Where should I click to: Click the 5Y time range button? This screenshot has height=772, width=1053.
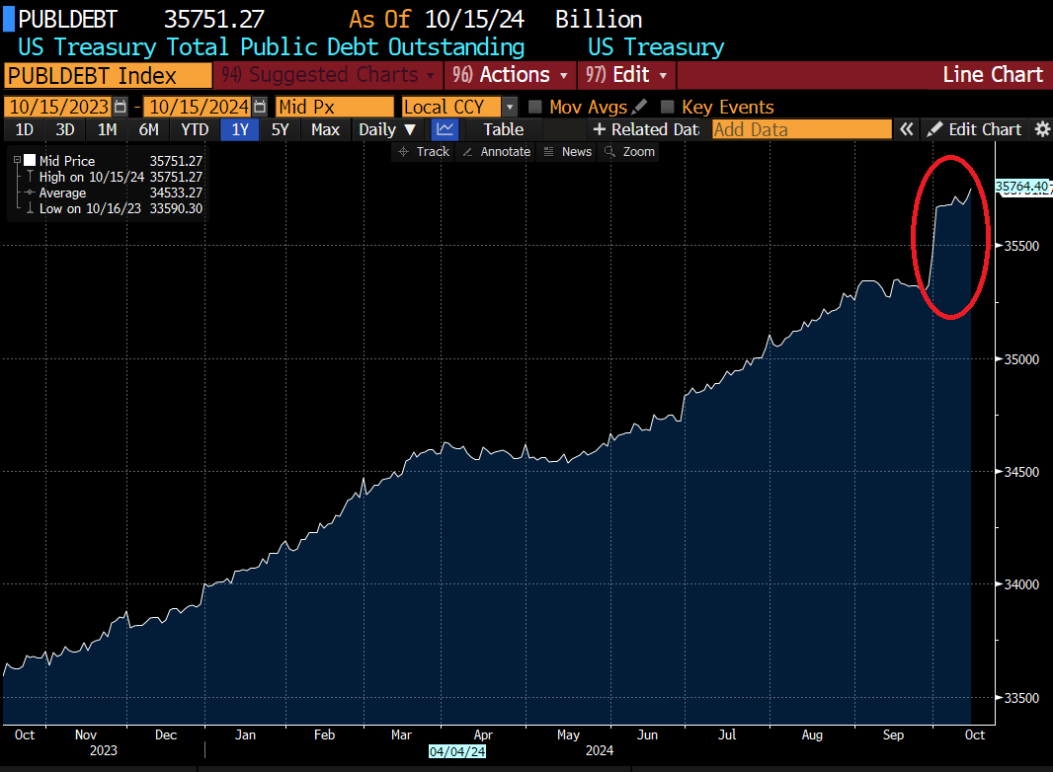[281, 129]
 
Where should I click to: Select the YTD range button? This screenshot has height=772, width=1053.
[195, 129]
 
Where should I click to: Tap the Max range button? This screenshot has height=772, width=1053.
[325, 129]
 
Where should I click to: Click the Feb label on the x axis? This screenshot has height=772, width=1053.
[324, 734]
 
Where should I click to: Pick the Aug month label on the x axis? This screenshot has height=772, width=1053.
[812, 734]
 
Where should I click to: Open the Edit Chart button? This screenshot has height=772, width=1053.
[975, 129]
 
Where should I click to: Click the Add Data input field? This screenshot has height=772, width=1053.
[800, 129]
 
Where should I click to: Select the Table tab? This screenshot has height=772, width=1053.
[503, 129]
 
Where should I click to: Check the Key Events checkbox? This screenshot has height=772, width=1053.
[668, 107]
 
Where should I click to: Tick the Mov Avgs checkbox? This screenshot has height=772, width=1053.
[535, 107]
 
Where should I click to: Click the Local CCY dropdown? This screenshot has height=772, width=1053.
[459, 107]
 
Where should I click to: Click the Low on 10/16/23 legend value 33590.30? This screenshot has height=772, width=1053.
[176, 208]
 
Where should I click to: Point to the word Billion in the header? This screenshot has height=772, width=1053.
[599, 19]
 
